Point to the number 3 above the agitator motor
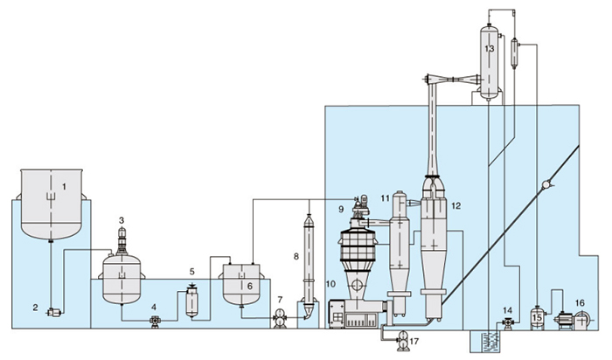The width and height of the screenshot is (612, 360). pos(122,220)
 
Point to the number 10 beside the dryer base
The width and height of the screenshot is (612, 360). pos(330,284)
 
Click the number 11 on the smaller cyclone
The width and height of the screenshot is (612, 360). pos(385,200)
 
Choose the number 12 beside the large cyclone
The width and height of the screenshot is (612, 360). pos(456,206)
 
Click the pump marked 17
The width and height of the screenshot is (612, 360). pos(401,342)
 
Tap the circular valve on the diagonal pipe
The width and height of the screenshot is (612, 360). pos(545,185)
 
